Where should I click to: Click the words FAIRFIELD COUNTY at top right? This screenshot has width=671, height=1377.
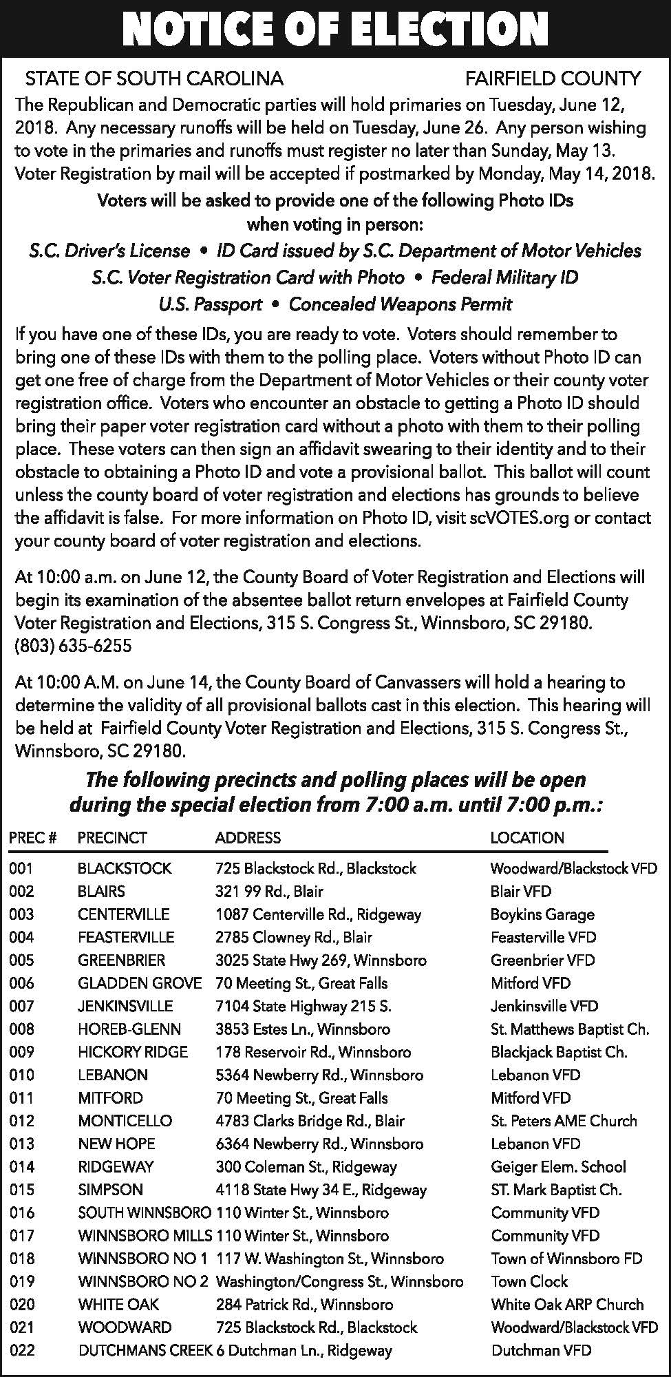click(553, 78)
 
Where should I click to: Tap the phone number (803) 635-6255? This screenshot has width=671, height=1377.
click(74, 647)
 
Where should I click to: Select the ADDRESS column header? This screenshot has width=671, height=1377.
click(248, 838)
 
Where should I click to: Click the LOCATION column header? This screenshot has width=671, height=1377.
click(527, 838)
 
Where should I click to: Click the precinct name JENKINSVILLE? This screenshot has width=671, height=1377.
click(125, 1007)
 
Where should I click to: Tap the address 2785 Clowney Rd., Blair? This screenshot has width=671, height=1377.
click(294, 938)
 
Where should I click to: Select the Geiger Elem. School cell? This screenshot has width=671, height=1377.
click(558, 1167)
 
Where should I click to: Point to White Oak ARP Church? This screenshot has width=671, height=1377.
click(567, 1305)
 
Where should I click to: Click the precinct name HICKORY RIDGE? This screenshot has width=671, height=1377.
click(133, 1052)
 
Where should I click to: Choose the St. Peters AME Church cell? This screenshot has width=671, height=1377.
click(564, 1121)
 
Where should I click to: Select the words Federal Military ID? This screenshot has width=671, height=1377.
click(504, 277)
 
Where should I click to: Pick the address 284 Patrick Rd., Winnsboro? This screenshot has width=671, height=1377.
click(304, 1305)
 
